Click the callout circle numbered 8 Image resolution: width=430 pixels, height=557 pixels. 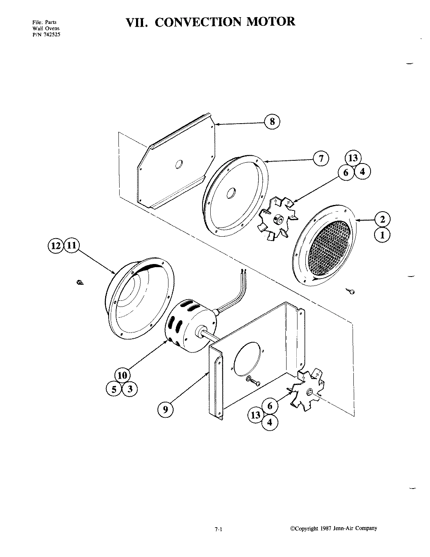[272, 122]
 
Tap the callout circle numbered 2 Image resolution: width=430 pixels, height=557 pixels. [382, 219]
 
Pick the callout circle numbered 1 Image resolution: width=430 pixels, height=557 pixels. [382, 235]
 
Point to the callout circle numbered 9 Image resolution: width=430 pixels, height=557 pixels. [165, 410]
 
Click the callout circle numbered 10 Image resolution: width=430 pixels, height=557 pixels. [122, 376]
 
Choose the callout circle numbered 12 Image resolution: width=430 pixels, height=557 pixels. [55, 246]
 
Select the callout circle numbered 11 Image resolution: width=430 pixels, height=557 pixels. [71, 246]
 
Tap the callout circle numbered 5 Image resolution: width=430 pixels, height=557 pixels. [113, 389]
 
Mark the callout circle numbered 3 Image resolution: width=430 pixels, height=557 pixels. [130, 389]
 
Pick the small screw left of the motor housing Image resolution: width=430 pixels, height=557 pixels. [79, 282]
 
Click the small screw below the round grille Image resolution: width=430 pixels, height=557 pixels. [351, 291]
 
